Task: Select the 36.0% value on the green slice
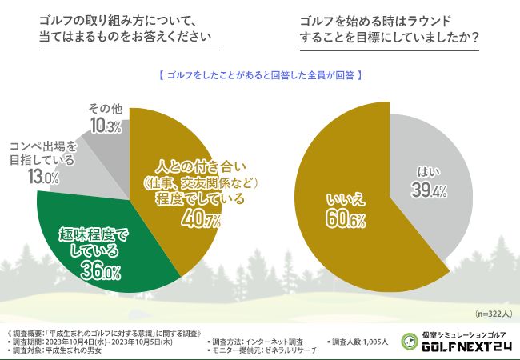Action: [99, 271]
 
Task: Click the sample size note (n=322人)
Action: [490, 313]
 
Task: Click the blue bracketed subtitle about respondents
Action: [259, 77]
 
